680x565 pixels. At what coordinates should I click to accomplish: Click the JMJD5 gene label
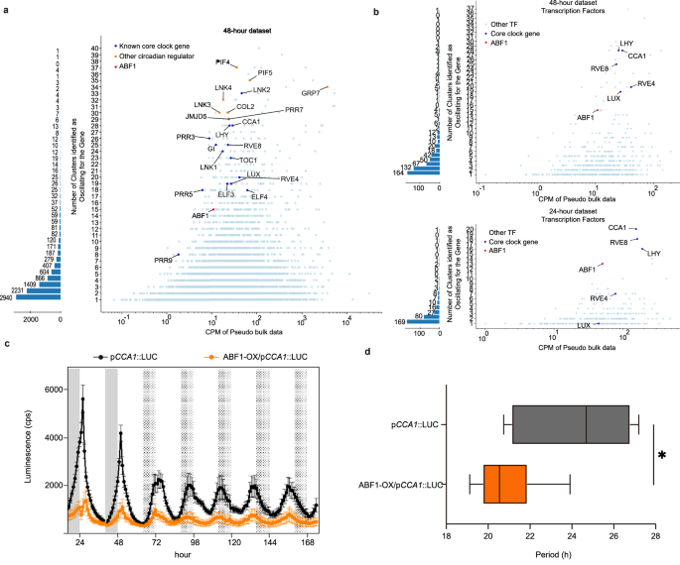point(196,116)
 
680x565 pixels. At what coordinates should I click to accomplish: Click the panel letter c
point(7,343)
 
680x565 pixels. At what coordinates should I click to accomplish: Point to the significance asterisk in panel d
point(662,456)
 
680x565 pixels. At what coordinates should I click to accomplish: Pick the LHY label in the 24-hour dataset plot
point(653,254)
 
